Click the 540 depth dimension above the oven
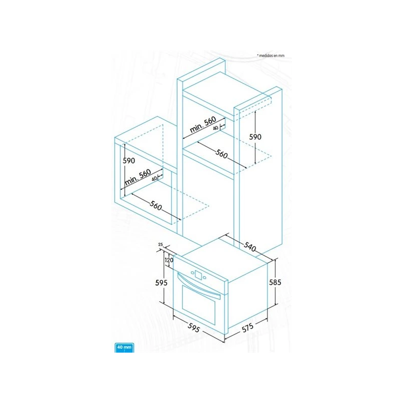pos(250,247)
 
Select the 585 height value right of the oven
pos(275,282)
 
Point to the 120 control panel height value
pos(169,260)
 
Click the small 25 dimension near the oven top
pos(161,244)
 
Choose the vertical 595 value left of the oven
pos(161,283)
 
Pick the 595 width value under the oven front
pos(193,327)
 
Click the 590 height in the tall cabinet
pos(255,137)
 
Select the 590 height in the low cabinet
pos(129,161)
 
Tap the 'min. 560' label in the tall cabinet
pos(203,124)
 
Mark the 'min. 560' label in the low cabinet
pos(138,177)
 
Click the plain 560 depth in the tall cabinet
pos(222,154)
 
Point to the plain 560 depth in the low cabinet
pos(156,206)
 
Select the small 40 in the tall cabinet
pos(216,128)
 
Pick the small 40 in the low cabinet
pos(154,179)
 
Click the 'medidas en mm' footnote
pos(271,55)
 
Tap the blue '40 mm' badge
pos(124,348)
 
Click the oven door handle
pos(198,286)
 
